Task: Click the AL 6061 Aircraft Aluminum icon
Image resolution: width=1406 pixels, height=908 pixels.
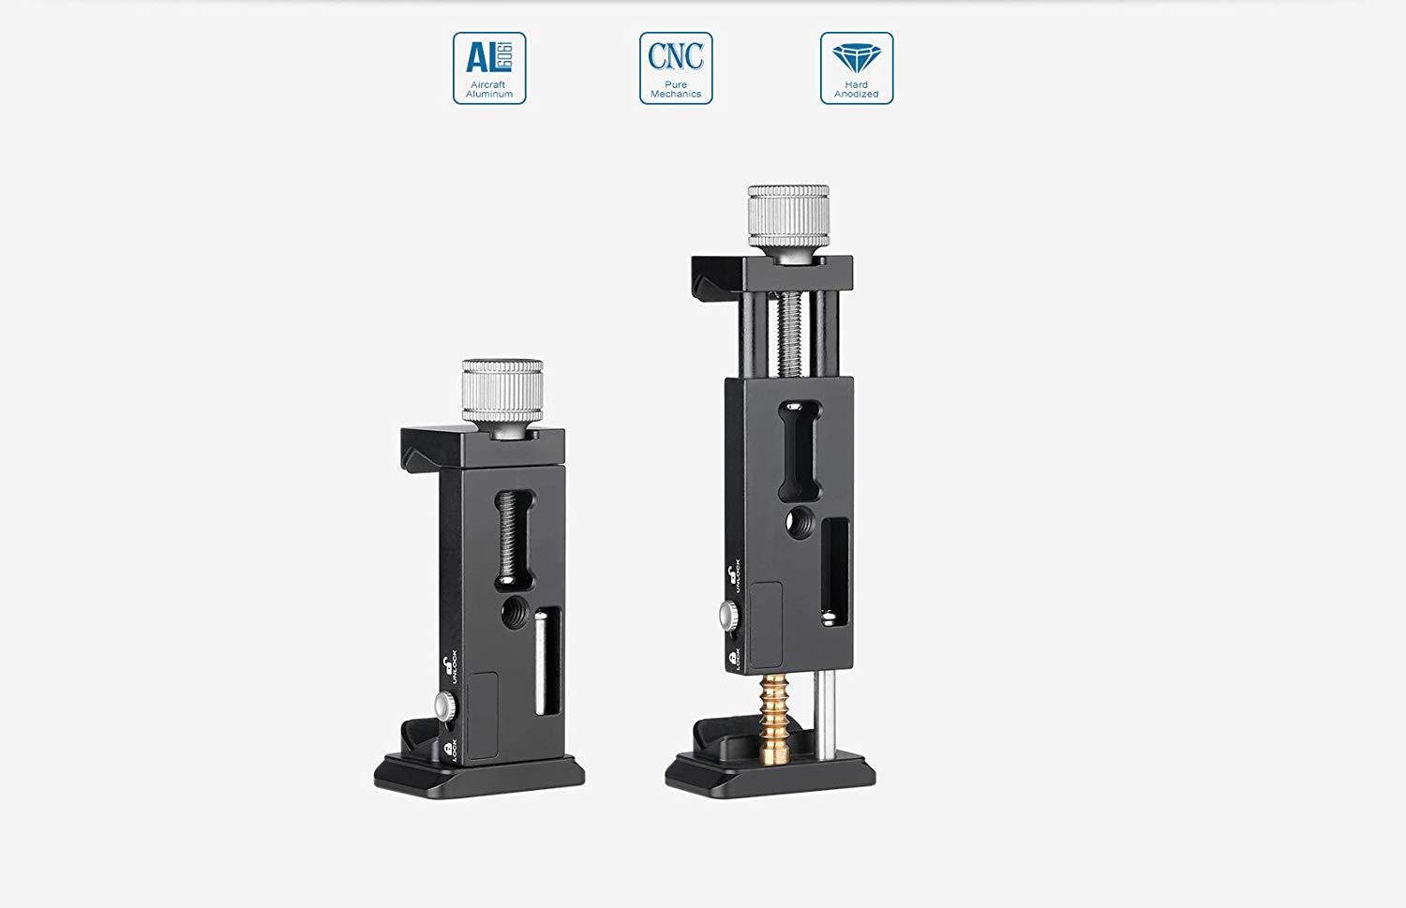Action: tap(489, 67)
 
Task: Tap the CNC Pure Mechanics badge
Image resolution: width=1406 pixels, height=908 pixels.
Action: tap(676, 67)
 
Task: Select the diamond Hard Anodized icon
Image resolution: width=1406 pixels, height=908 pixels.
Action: tap(857, 67)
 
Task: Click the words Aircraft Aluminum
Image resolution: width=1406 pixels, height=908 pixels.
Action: tap(489, 90)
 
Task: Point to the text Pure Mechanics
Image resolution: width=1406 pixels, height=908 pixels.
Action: tap(676, 90)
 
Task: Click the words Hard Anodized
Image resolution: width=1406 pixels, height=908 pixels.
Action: tap(857, 90)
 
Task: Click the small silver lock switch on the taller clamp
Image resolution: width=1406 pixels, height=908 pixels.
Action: tap(727, 615)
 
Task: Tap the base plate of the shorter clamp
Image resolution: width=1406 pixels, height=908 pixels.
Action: tap(480, 774)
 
